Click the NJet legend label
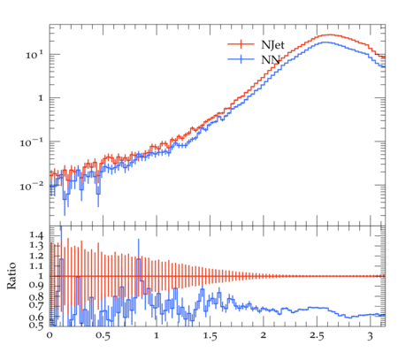(272, 45)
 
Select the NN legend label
(271, 60)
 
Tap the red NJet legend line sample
(241, 44)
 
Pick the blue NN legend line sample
(241, 59)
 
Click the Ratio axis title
(11, 276)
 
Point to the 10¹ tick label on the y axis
(34, 55)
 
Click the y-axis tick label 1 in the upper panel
(41, 98)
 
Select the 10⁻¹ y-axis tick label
(32, 142)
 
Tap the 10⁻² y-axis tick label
(32, 187)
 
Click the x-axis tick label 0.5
(103, 336)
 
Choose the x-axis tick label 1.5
(210, 336)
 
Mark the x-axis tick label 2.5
(317, 336)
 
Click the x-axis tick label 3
(371, 336)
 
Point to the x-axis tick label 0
(50, 335)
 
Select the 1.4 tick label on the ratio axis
(36, 235)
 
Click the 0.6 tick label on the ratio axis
(36, 317)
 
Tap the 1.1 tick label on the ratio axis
(36, 266)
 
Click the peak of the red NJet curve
(328, 34)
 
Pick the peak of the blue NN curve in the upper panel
(325, 42)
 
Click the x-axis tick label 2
(264, 335)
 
